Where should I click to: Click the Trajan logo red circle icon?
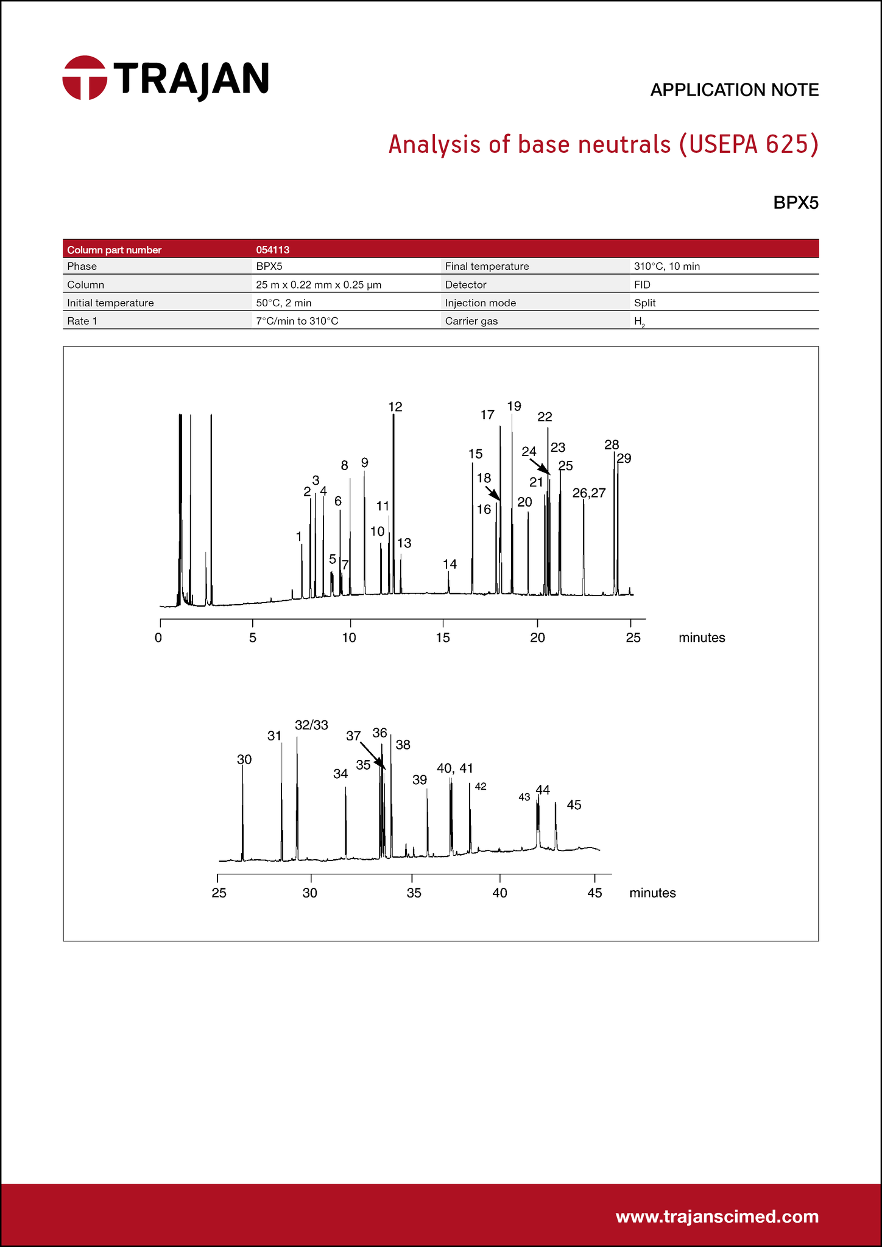(85, 78)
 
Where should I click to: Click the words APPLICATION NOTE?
(734, 90)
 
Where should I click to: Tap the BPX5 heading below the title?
(796, 203)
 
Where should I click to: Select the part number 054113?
(272, 250)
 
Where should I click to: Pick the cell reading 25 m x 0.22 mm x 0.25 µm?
(319, 284)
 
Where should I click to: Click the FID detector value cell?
(642, 284)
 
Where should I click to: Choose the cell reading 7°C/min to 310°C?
(297, 321)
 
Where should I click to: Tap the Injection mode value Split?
(644, 303)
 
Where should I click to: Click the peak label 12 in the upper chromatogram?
(395, 407)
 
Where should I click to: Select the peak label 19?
(514, 406)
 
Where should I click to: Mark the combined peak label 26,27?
(589, 493)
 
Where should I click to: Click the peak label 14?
(450, 564)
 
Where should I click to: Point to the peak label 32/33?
(311, 725)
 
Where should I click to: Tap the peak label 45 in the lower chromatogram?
(574, 805)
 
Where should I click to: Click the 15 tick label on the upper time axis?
(443, 638)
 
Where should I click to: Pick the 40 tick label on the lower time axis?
(499, 893)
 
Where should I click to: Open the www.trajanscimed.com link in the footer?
(717, 1217)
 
